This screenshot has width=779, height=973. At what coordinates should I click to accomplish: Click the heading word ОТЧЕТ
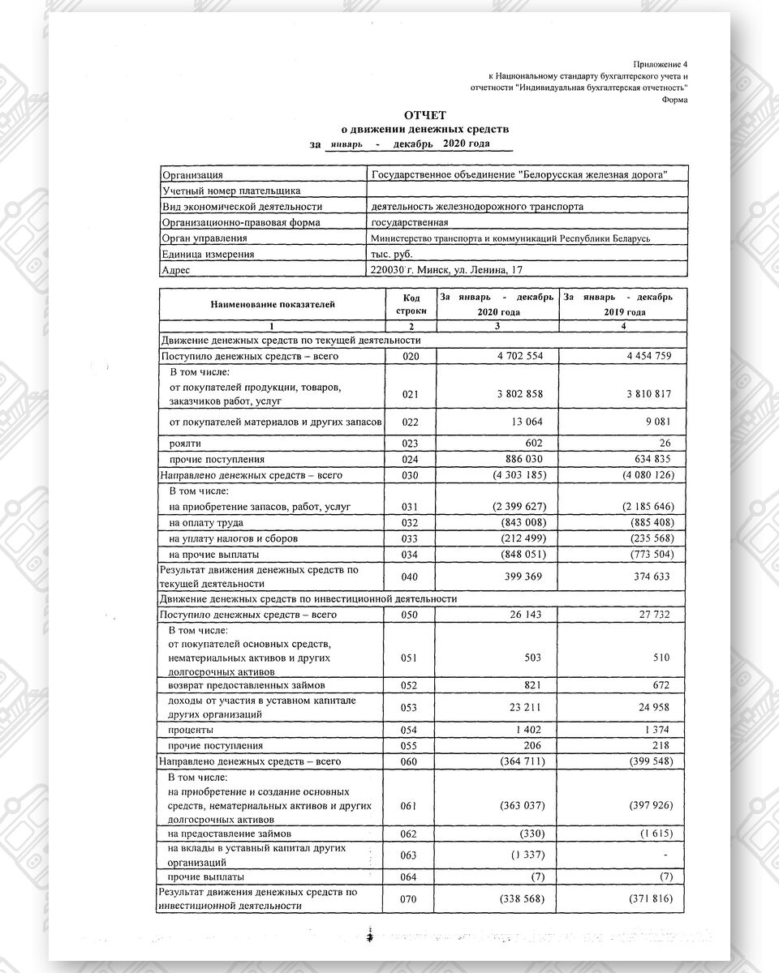[425, 116]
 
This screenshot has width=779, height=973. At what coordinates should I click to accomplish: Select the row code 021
[411, 394]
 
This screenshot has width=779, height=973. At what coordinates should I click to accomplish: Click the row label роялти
[184, 444]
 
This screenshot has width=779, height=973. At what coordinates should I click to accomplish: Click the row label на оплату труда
[206, 523]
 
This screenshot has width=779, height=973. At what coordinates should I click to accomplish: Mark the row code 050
[411, 615]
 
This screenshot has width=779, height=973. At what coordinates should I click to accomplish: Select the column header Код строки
[411, 304]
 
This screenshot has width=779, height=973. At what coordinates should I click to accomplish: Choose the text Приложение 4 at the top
[660, 63]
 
